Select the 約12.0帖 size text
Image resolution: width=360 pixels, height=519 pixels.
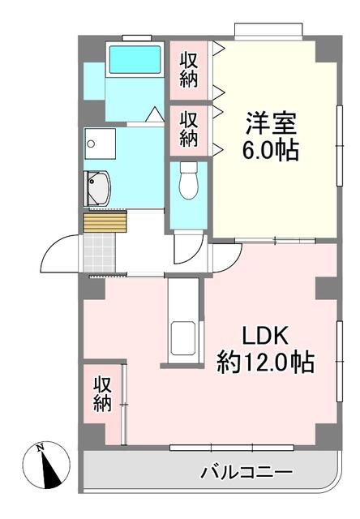click(x=264, y=362)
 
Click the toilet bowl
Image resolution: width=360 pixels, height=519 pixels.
click(x=188, y=180)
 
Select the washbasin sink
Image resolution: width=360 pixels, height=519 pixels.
click(x=100, y=189)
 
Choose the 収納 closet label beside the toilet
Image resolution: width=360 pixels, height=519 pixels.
click(x=189, y=127)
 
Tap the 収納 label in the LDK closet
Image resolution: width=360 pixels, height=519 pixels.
click(x=102, y=394)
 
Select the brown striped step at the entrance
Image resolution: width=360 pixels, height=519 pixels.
click(x=106, y=220)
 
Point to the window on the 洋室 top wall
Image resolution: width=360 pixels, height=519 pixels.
click(x=270, y=32)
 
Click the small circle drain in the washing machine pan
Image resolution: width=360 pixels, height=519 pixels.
click(x=92, y=144)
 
